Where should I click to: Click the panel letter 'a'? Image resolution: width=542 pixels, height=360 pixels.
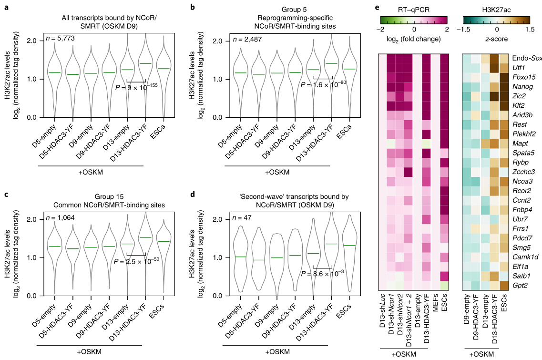click(x=6, y=7)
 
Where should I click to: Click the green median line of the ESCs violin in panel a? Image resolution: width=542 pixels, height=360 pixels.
click(x=163, y=69)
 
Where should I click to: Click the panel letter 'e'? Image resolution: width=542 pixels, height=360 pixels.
click(x=378, y=7)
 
